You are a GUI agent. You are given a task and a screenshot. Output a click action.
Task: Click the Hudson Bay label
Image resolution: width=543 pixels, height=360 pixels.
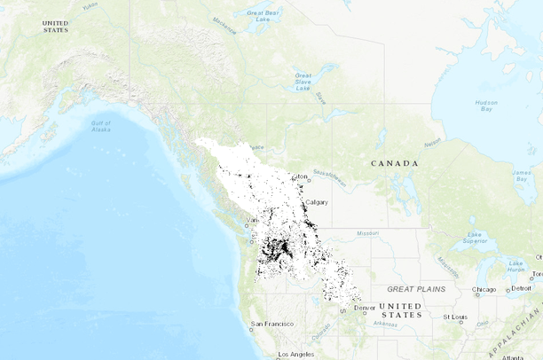click(x=485, y=105)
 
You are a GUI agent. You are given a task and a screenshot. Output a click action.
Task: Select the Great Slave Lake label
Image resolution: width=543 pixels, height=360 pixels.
click(x=303, y=82)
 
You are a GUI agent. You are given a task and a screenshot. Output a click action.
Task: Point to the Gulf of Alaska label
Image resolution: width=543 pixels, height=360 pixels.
click(x=101, y=126)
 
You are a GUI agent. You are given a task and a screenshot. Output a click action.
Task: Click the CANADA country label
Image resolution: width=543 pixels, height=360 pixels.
click(x=394, y=163)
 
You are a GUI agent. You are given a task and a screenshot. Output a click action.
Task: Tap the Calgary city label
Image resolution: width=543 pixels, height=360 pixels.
click(x=317, y=202)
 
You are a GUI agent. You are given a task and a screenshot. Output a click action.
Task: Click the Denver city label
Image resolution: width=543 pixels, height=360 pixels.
click(x=365, y=308)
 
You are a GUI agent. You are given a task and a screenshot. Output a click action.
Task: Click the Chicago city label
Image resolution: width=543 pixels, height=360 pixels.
click(x=484, y=289)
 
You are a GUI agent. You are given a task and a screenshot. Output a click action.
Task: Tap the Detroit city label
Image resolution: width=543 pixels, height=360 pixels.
click(x=521, y=288)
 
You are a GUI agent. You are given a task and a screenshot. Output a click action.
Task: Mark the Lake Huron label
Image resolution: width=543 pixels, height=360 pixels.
click(x=516, y=265)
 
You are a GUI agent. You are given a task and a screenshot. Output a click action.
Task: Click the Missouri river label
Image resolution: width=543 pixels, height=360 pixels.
click(x=367, y=232)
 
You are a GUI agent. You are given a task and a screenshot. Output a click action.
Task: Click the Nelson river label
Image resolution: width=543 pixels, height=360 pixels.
click(x=432, y=142)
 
